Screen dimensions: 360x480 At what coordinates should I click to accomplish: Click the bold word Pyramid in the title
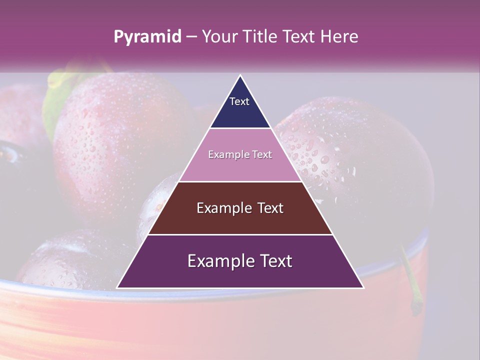147,37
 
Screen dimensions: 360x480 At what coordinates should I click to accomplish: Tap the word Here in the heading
339,37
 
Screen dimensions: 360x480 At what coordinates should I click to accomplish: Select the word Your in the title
220,37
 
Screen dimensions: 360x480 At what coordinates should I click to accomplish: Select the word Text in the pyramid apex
239,101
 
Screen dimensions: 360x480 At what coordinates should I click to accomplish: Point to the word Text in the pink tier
262,154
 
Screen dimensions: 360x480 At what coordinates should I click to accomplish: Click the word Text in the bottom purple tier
274,261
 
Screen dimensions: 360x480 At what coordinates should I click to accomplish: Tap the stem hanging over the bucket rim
411,280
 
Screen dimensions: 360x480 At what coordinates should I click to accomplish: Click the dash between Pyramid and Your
191,37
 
